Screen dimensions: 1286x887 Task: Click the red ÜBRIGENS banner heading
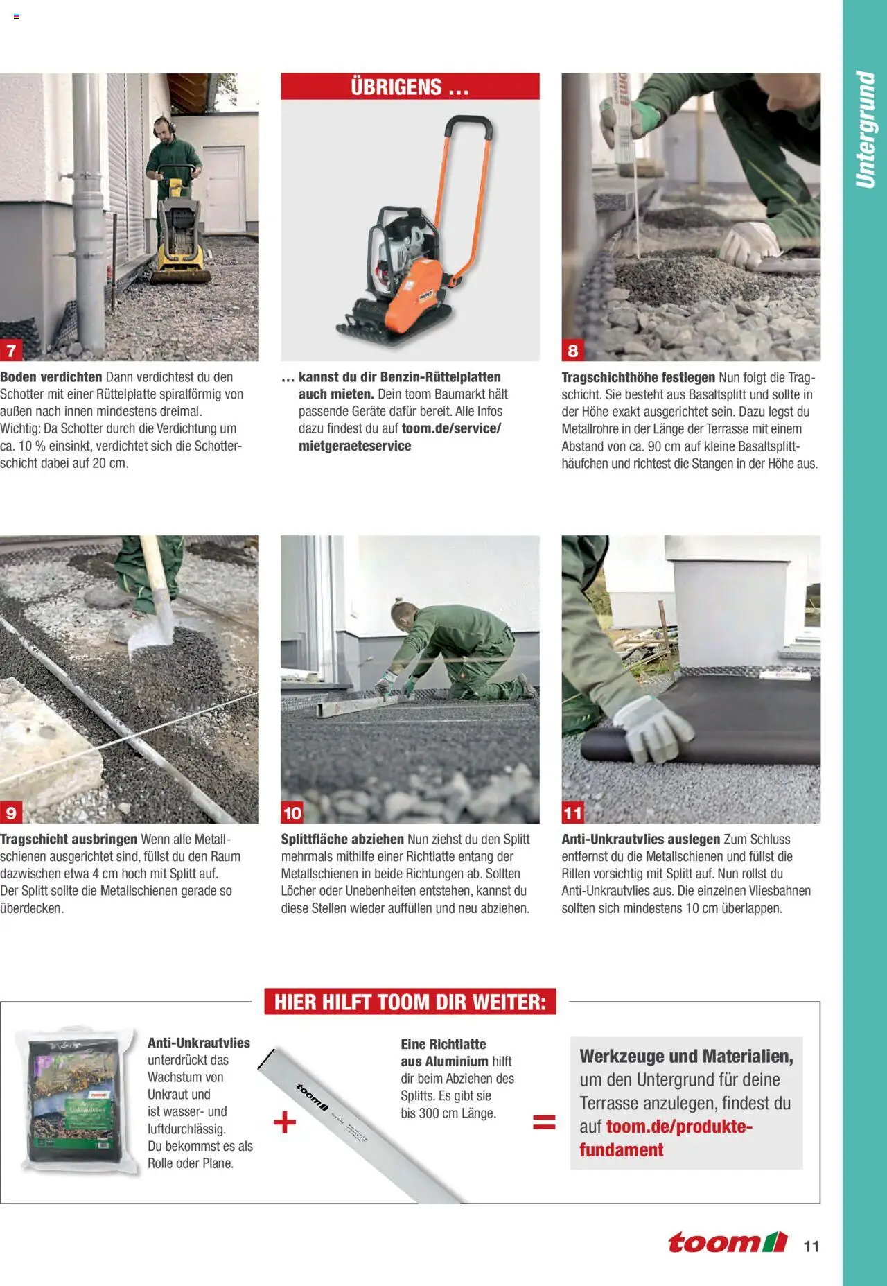[x=410, y=87]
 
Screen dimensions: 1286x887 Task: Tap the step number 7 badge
[x=11, y=351]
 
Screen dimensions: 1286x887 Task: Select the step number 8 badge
[x=572, y=351]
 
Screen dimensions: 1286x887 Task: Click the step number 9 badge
[x=11, y=813]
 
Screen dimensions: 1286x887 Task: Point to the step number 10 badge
[x=292, y=813]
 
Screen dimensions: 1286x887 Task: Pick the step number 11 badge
[x=572, y=813]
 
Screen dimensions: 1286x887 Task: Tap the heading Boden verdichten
[x=51, y=377]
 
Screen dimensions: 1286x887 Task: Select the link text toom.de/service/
[x=451, y=428]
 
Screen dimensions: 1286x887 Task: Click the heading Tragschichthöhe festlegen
[x=638, y=378]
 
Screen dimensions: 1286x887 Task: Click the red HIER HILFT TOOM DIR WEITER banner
[x=410, y=1002]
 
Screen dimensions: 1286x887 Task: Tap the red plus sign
[x=284, y=1122]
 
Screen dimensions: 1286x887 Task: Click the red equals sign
[x=544, y=1122]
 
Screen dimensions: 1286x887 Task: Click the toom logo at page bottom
[x=727, y=1242]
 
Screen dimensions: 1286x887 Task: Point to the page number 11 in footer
[x=811, y=1246]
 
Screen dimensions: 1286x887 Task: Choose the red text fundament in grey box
[x=621, y=1149]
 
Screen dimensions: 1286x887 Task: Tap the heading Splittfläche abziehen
[x=342, y=840]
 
